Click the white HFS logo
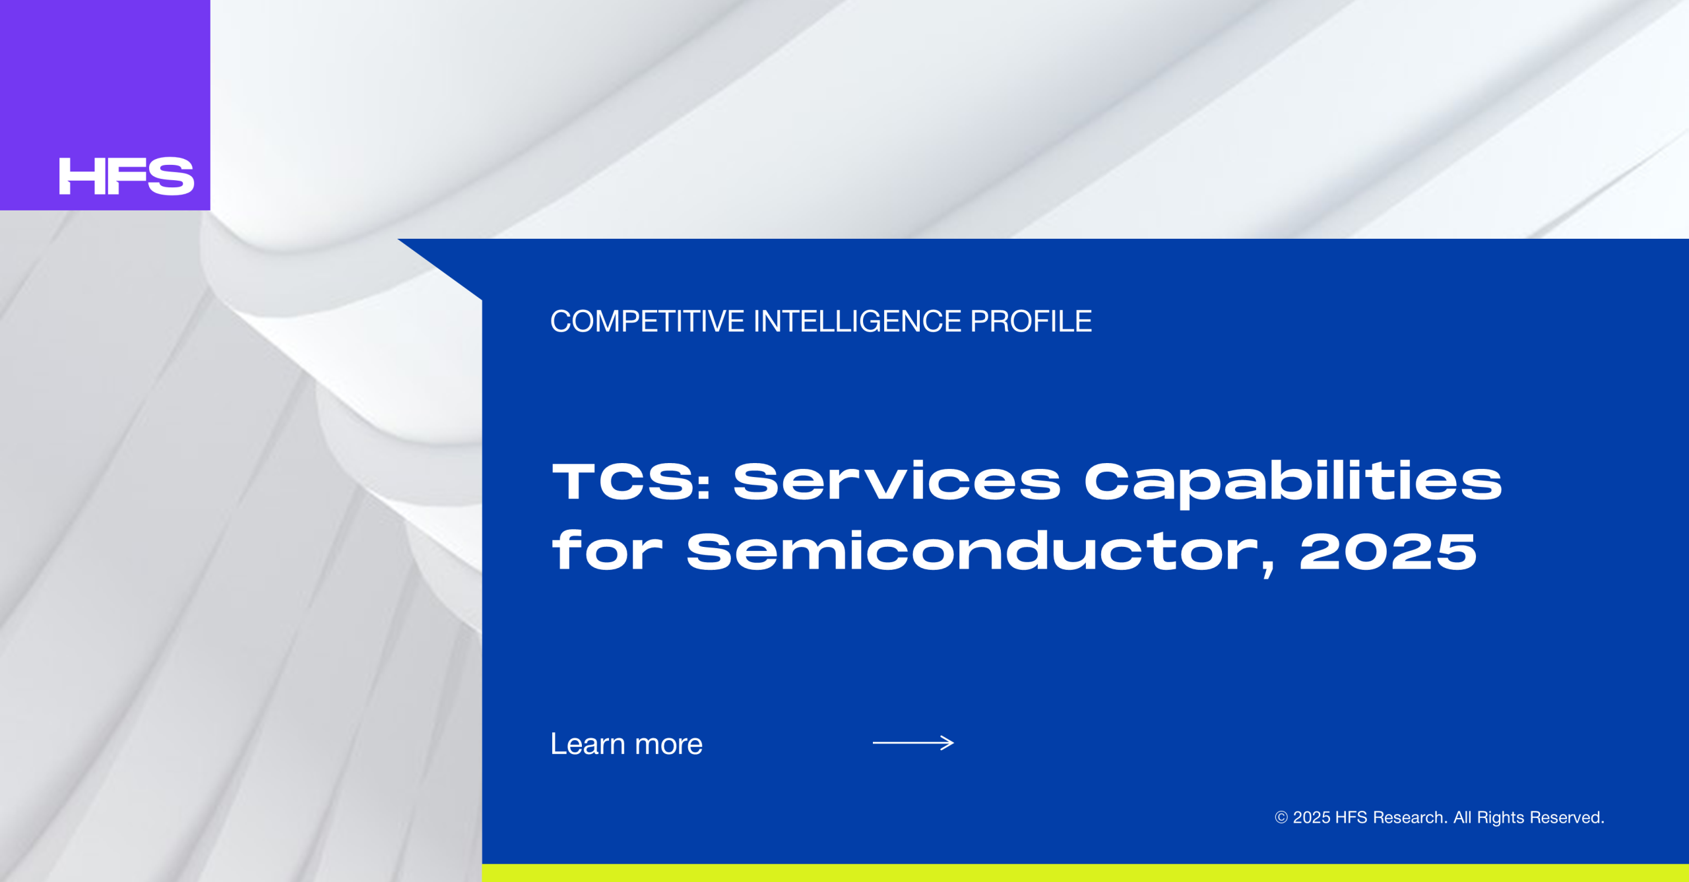[x=127, y=176]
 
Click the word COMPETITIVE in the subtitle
[x=647, y=322]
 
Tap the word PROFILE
[x=1031, y=322]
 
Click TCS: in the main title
[x=631, y=481]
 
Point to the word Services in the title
[x=897, y=480]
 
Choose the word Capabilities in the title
[x=1293, y=484]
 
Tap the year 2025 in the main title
[x=1388, y=551]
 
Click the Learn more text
[x=627, y=744]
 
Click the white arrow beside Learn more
[x=913, y=743]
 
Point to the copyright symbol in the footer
[x=1281, y=818]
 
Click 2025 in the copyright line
[x=1312, y=818]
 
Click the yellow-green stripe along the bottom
[x=1085, y=873]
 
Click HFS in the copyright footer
[x=1351, y=818]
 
